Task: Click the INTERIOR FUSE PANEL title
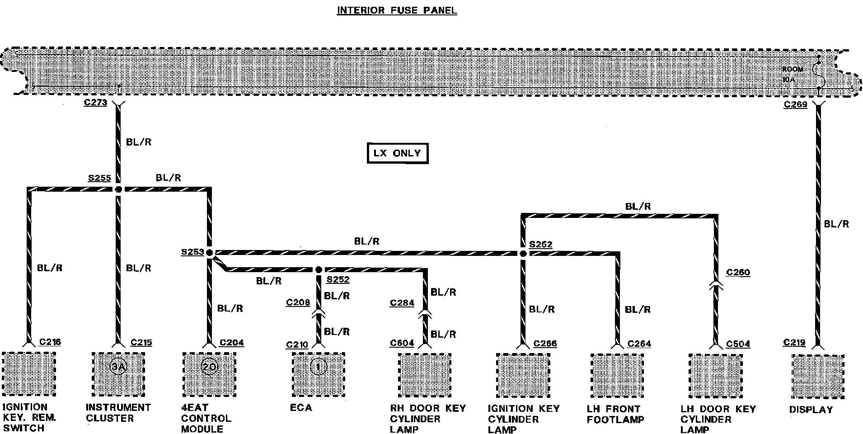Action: [x=397, y=10]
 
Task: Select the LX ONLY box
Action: [x=397, y=153]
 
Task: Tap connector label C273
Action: [x=95, y=103]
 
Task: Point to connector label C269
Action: [x=795, y=105]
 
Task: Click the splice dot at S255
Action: [x=118, y=189]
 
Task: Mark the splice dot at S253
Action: [x=210, y=253]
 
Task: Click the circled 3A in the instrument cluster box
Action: [x=118, y=367]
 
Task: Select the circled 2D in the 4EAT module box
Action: [x=209, y=367]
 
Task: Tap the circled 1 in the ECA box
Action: [x=318, y=367]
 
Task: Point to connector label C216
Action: [x=50, y=342]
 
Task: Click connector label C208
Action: [x=298, y=302]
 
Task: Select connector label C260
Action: [x=738, y=272]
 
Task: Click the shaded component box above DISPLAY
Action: [x=818, y=376]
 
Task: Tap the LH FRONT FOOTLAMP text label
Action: [x=615, y=414]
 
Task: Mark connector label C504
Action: [x=738, y=344]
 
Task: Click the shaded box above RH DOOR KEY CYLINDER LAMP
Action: [x=425, y=375]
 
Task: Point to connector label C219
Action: [x=794, y=343]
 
